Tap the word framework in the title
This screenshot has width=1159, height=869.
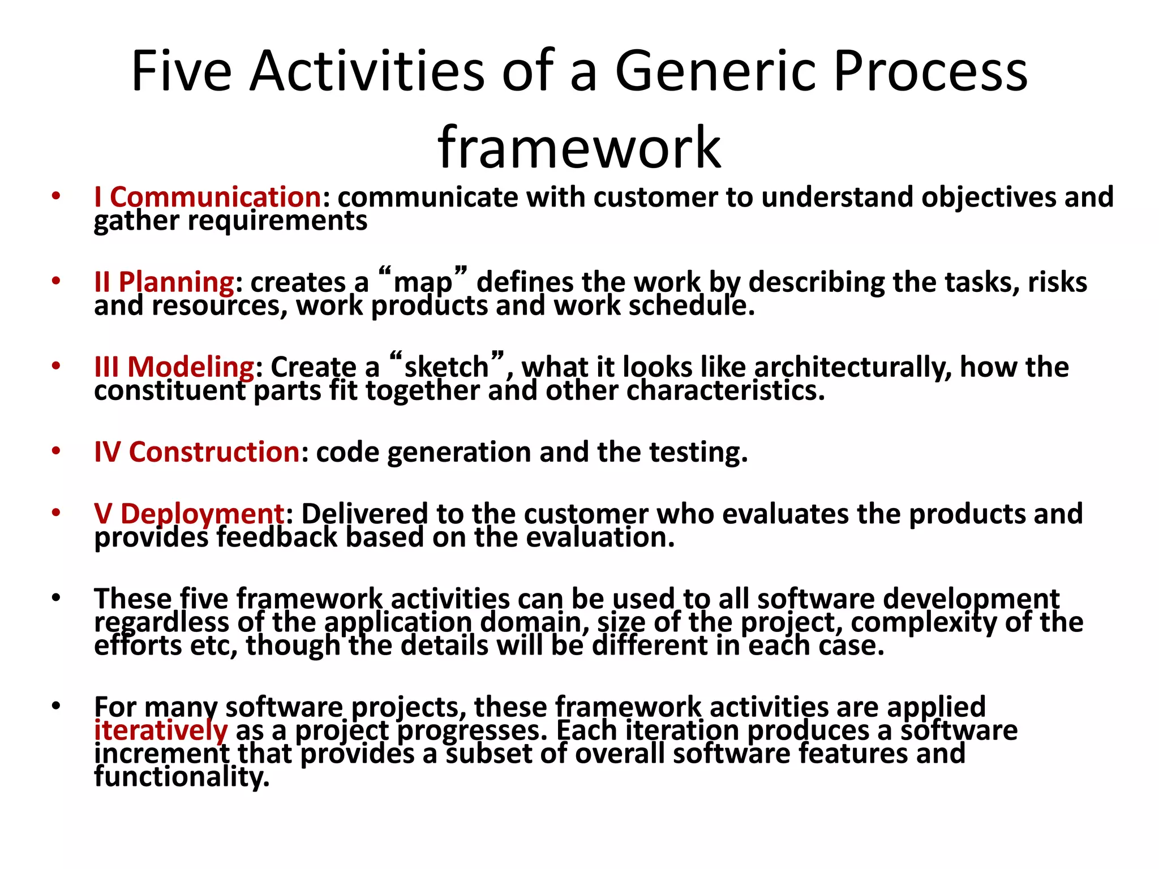[579, 148]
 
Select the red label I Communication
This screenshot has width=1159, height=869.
[208, 197]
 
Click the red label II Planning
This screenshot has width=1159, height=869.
[164, 282]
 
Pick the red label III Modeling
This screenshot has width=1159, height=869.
[174, 367]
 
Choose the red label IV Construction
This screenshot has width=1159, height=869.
[197, 452]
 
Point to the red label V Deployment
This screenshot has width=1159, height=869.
[189, 514]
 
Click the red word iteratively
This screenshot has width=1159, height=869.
[161, 730]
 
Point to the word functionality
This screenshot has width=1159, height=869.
[181, 777]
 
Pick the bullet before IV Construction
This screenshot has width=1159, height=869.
[55, 451]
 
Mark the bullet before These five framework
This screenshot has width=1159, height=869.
[55, 598]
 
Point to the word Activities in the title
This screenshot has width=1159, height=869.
[367, 72]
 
